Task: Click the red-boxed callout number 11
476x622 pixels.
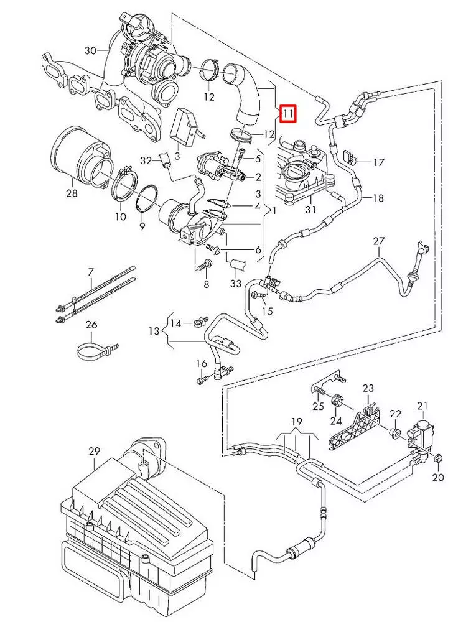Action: point(288,114)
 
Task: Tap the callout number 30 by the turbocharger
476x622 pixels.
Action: point(90,50)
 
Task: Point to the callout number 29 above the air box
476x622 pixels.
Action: point(94,450)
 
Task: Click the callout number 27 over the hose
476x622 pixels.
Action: point(379,241)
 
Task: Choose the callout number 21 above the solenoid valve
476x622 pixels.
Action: point(424,407)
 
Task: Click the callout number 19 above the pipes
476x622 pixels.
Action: point(296,421)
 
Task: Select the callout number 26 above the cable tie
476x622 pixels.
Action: point(91,324)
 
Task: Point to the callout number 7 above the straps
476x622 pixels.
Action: point(91,272)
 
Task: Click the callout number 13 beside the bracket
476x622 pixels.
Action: point(154,331)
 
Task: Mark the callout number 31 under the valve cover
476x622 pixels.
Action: point(312,210)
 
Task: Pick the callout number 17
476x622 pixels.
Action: point(379,162)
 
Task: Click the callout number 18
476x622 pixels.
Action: point(378,198)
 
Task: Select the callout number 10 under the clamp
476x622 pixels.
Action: point(120,216)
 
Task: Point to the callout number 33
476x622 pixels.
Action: point(235,283)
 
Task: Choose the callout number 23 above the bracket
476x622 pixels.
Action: point(368,389)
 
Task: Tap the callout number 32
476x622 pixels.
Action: point(146,160)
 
